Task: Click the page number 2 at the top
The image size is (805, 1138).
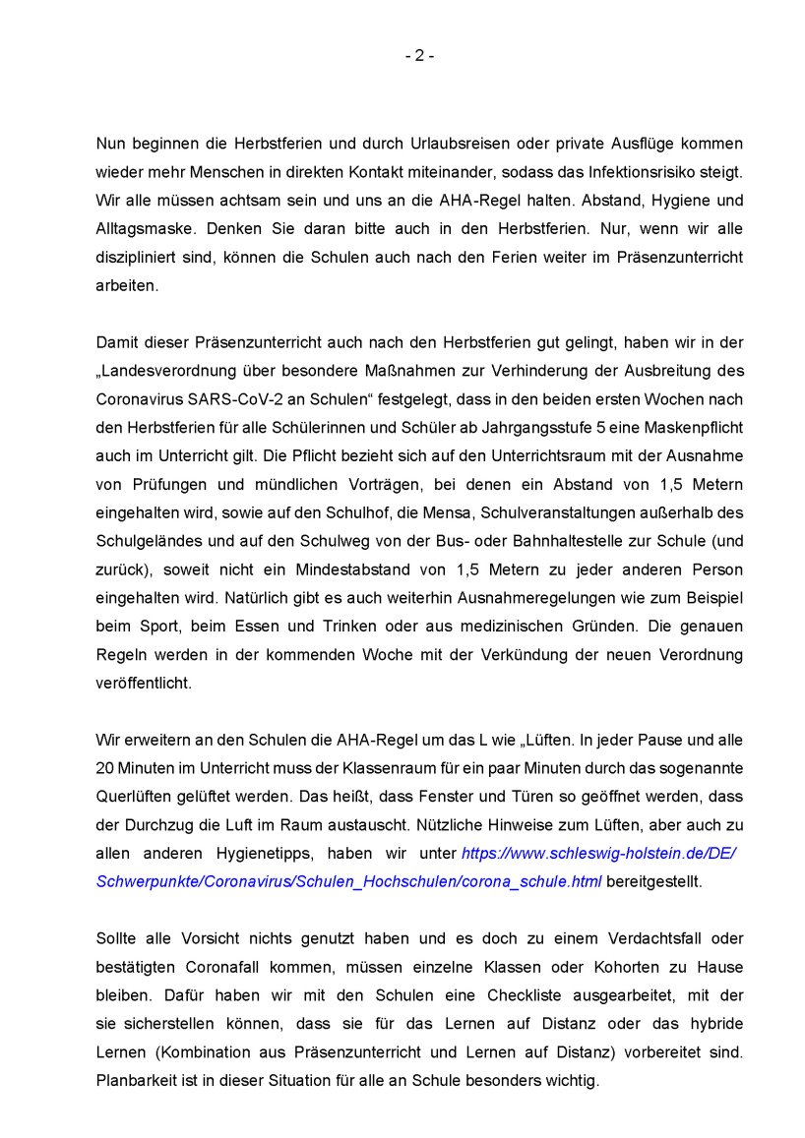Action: click(418, 56)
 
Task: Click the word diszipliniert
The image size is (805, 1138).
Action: click(139, 258)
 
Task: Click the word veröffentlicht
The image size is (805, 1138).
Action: click(144, 684)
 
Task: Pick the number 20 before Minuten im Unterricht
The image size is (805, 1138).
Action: click(106, 768)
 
